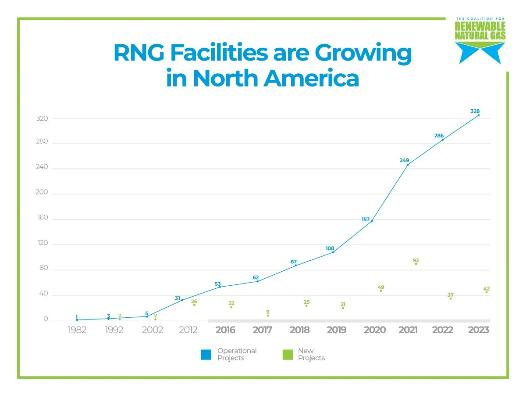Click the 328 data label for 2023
click(x=475, y=111)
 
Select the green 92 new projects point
click(x=416, y=263)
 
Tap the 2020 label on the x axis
click(x=375, y=330)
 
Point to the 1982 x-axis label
click(x=77, y=330)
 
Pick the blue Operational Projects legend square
click(x=206, y=354)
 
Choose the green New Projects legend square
click(x=288, y=354)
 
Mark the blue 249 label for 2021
click(x=404, y=161)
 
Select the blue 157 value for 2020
click(x=366, y=219)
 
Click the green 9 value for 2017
click(x=268, y=312)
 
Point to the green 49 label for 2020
click(x=381, y=287)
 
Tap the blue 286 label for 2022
click(x=439, y=136)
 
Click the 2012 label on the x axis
click(x=188, y=330)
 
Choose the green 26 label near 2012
click(x=194, y=302)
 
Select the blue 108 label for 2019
click(x=330, y=248)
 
